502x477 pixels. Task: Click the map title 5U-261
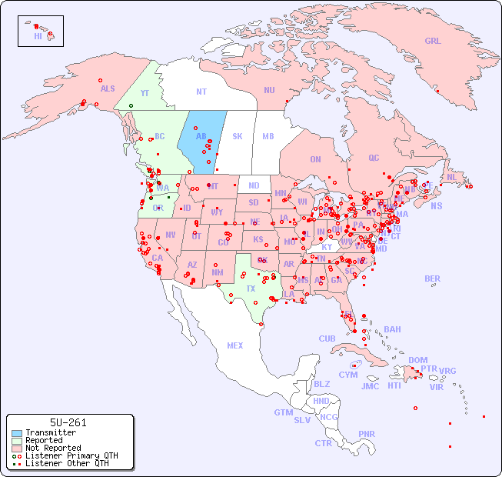(x=68, y=422)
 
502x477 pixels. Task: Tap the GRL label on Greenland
(x=433, y=41)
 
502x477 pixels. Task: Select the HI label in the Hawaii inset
(x=38, y=35)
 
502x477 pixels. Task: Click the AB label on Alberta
(x=201, y=137)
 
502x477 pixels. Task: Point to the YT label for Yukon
(x=145, y=93)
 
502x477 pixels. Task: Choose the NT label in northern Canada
(x=201, y=92)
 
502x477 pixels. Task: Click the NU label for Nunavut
(x=269, y=90)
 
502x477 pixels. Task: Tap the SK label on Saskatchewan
(x=238, y=137)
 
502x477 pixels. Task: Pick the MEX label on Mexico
(x=234, y=345)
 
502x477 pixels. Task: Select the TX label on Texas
(x=251, y=289)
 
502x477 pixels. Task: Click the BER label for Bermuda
(x=432, y=279)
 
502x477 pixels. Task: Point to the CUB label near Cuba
(x=327, y=339)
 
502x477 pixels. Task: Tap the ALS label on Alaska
(x=108, y=88)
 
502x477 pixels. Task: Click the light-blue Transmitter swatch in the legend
(x=16, y=433)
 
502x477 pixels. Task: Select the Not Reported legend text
(x=53, y=448)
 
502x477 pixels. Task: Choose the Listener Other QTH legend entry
(x=66, y=463)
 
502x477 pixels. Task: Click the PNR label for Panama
(x=367, y=434)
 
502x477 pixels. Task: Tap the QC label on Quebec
(x=374, y=158)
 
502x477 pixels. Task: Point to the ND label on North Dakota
(x=254, y=185)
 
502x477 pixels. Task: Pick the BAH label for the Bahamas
(x=392, y=329)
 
